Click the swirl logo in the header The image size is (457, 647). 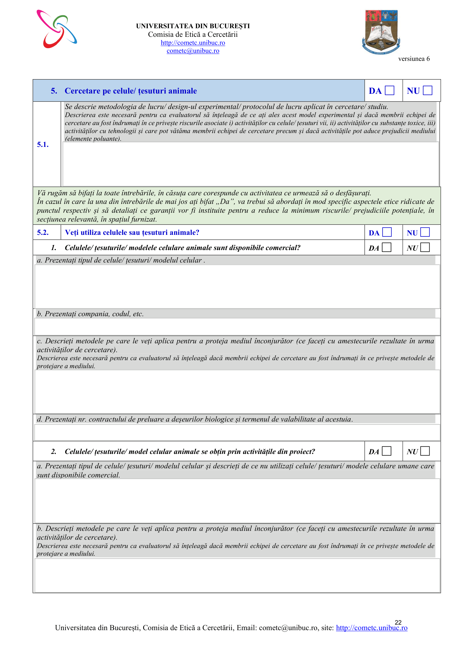tap(57, 29)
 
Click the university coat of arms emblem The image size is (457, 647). tap(381, 32)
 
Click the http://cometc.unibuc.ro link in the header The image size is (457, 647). tap(193, 43)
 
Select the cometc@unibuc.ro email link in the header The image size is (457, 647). tap(193, 51)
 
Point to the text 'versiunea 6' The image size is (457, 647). tap(414, 59)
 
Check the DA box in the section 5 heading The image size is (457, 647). tap(390, 90)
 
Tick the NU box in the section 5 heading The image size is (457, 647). tap(427, 90)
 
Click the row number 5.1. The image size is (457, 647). tap(43, 145)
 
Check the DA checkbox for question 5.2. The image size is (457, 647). tap(387, 232)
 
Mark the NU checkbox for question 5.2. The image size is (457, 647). tap(425, 232)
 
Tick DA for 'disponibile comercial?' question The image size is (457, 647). tap(387, 247)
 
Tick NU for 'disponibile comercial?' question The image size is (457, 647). tap(425, 247)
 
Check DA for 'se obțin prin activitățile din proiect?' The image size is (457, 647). tap(387, 451)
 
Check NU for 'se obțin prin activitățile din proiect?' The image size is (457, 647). tap(425, 451)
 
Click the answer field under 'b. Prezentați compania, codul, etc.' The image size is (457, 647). tap(237, 327)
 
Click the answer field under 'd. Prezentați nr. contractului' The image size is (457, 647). tap(237, 432)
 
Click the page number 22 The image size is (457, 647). tap(398, 622)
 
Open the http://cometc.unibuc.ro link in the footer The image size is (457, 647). tap(371, 628)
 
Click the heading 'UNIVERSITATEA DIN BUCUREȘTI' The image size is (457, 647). tap(193, 26)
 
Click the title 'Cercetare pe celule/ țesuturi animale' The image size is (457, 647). tap(131, 91)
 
